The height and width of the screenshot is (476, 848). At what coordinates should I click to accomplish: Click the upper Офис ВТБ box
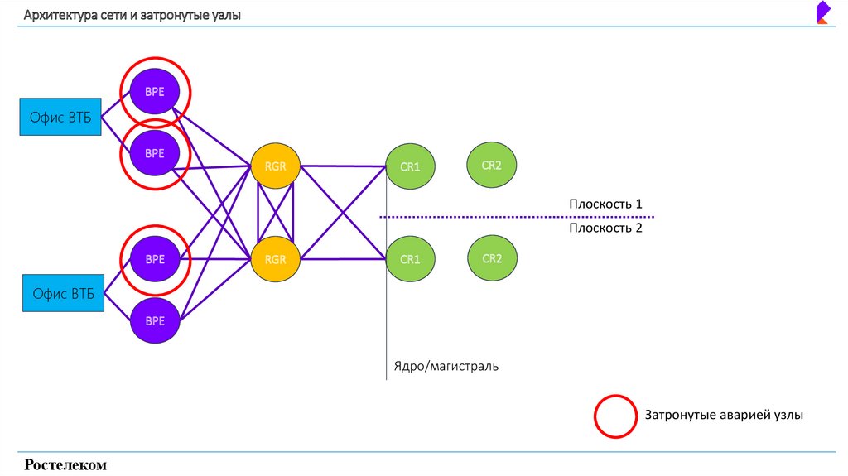click(x=61, y=117)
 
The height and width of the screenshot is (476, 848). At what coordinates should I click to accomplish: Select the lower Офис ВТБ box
click(x=64, y=294)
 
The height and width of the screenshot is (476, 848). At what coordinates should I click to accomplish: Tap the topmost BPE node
click(x=155, y=92)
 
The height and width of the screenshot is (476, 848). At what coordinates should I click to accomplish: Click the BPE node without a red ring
click(x=155, y=320)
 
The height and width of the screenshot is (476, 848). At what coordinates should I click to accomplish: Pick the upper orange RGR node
click(x=275, y=166)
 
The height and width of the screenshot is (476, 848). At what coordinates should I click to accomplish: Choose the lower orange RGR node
click(x=275, y=259)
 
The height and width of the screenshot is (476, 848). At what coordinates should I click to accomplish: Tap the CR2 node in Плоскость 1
click(x=492, y=165)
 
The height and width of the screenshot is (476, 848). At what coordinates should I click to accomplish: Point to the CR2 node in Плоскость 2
click(x=492, y=258)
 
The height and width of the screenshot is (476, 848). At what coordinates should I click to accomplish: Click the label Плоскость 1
click(x=605, y=204)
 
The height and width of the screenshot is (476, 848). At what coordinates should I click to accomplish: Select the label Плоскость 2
click(x=605, y=228)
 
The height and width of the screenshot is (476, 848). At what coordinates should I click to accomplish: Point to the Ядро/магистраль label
click(x=446, y=365)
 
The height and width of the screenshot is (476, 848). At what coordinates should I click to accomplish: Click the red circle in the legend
click(x=614, y=415)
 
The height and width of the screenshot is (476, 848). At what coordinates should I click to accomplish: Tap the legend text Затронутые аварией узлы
click(x=724, y=415)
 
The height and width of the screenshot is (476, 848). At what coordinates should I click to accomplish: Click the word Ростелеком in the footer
click(x=66, y=465)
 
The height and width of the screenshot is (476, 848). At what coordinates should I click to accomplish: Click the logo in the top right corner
click(x=823, y=13)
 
